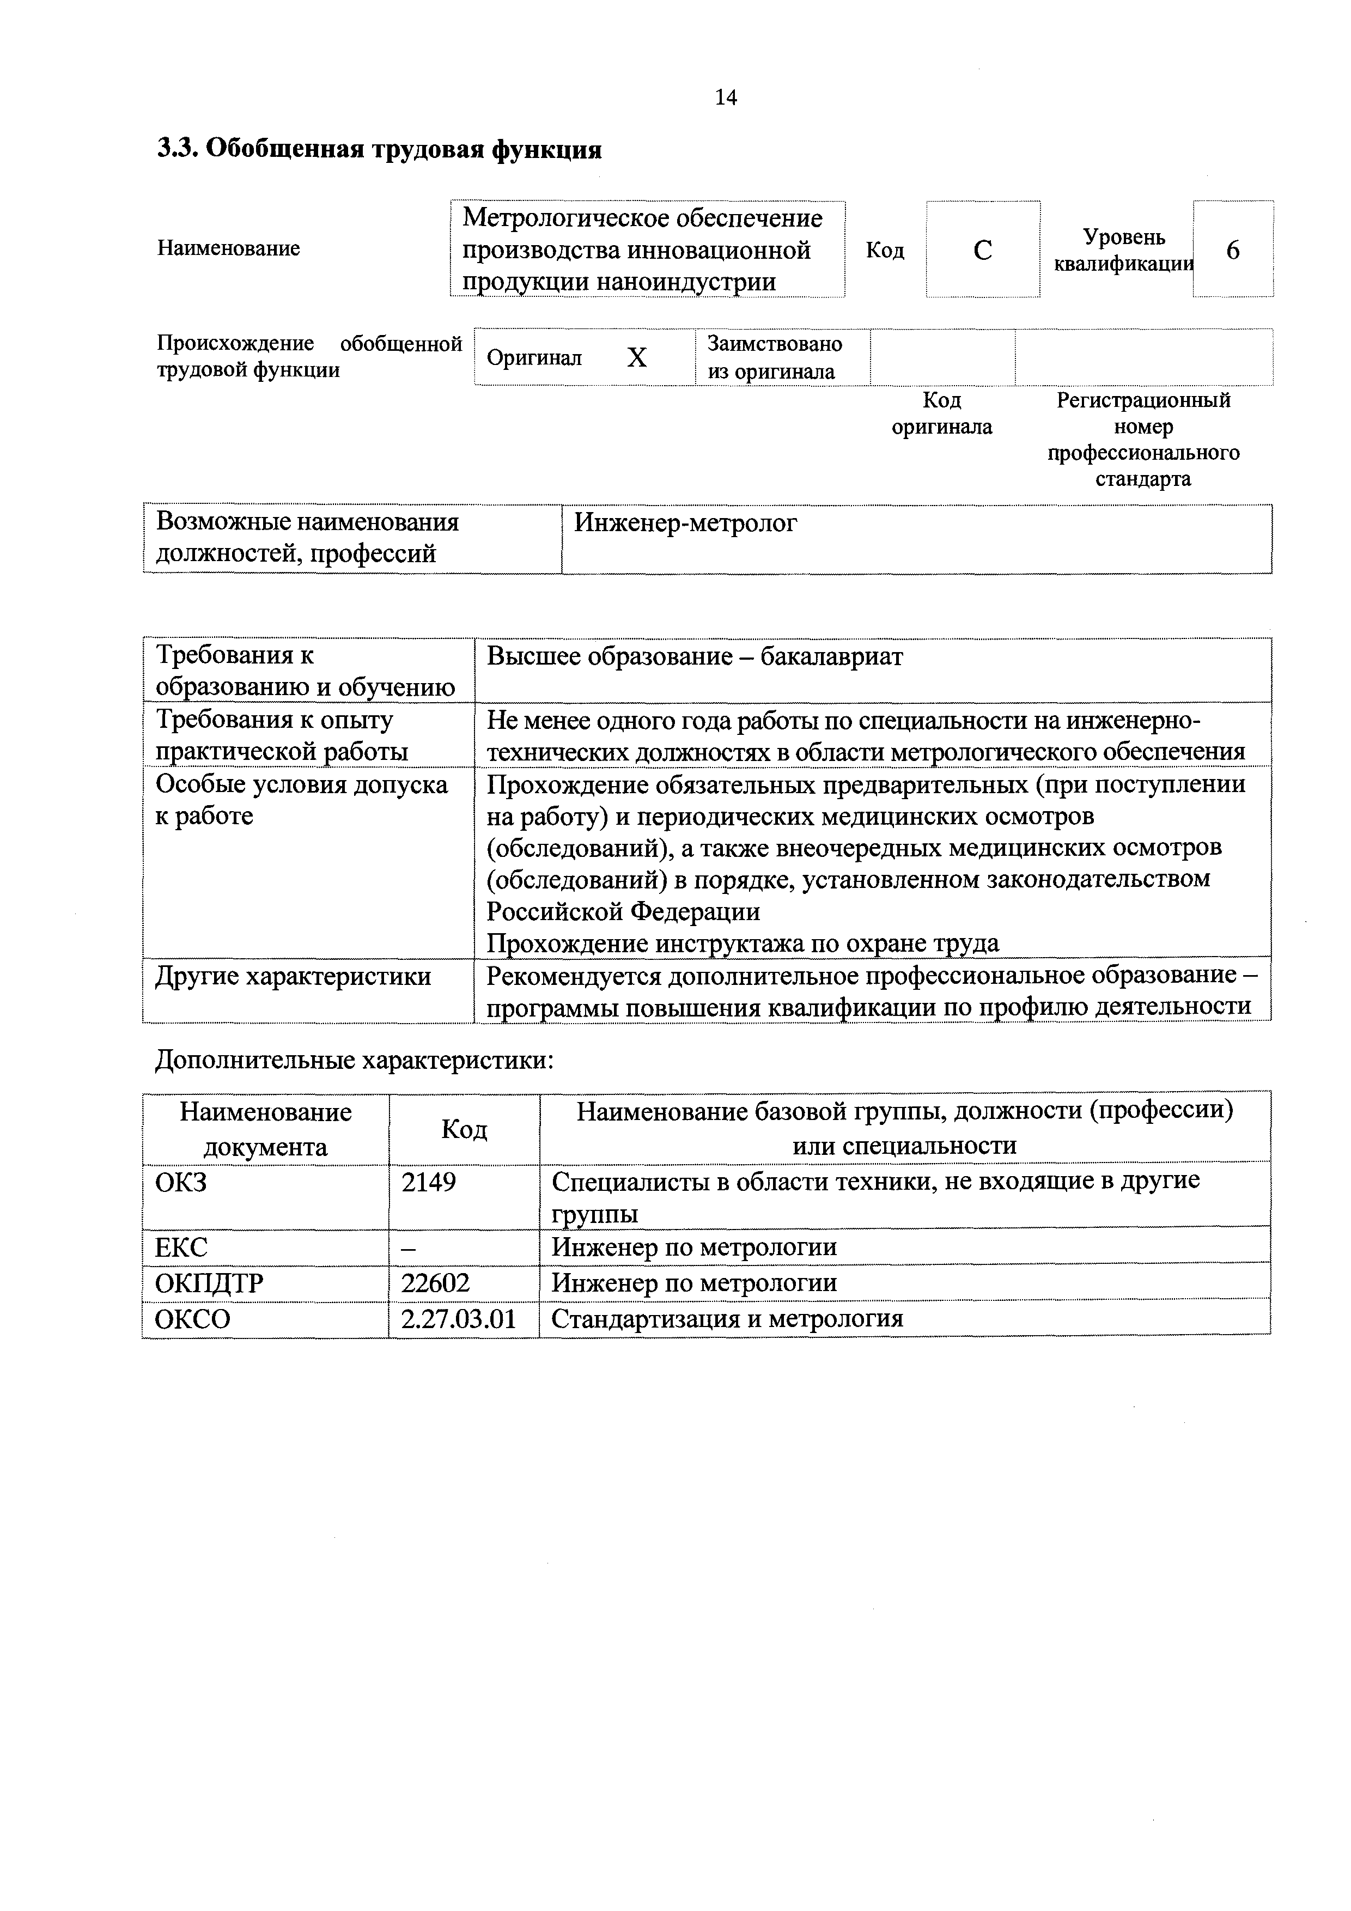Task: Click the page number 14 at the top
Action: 725,98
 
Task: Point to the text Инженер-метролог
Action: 685,523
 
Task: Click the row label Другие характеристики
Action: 293,976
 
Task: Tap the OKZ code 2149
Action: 429,1181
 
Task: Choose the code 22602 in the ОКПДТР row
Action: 435,1282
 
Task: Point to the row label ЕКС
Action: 181,1247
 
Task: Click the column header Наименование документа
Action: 265,1129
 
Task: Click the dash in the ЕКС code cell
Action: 409,1247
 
